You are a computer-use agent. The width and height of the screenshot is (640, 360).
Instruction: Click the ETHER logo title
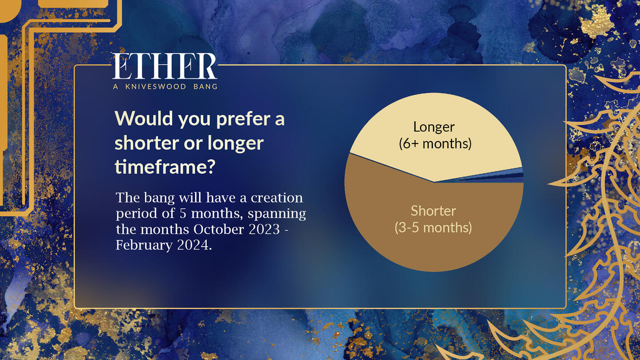click(x=165, y=66)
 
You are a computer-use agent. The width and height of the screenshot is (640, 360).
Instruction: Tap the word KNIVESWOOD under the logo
click(x=156, y=86)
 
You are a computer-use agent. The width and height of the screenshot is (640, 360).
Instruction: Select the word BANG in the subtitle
click(x=205, y=86)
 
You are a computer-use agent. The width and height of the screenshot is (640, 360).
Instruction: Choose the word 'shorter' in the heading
click(x=147, y=143)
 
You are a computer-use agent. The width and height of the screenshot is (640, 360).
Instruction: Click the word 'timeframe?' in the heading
click(x=165, y=167)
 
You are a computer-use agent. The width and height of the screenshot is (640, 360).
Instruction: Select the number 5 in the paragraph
click(x=183, y=214)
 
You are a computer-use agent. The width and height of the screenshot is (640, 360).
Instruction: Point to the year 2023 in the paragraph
click(x=264, y=229)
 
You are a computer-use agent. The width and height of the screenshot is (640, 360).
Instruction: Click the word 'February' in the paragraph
click(x=144, y=245)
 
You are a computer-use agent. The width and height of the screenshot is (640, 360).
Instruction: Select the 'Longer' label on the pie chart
click(x=434, y=128)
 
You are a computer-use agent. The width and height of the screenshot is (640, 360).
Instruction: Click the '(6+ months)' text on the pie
click(x=435, y=144)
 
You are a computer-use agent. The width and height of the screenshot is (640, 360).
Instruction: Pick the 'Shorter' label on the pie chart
click(x=433, y=211)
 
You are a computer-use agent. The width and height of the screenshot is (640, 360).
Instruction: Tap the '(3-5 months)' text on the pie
click(x=433, y=228)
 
